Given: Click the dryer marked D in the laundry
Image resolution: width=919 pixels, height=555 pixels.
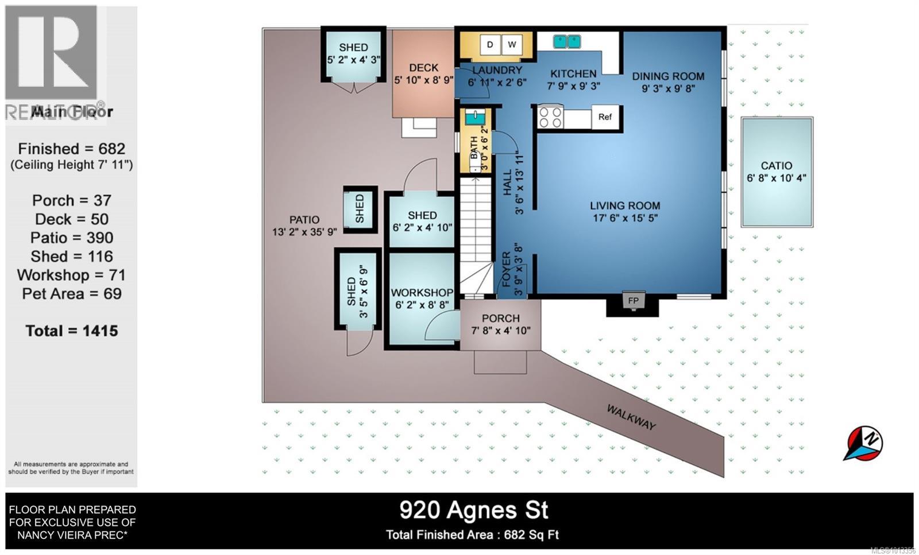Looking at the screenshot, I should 490,45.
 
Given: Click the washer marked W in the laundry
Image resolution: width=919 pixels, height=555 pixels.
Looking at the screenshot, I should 512,45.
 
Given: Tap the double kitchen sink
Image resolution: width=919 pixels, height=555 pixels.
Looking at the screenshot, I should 567,41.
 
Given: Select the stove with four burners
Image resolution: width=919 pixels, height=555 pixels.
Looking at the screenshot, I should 550,117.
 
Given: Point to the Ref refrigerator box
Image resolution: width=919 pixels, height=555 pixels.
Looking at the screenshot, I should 605,117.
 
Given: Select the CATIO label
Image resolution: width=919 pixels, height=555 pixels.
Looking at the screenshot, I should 777,165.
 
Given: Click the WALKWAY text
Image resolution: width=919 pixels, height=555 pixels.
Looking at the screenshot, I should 631,417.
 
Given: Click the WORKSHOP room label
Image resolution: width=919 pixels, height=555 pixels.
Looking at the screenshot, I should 422,293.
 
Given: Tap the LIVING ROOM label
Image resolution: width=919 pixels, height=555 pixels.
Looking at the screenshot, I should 625,205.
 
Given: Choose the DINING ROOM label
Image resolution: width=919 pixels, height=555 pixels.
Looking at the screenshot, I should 668,76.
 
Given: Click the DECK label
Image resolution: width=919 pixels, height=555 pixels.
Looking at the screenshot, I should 424,68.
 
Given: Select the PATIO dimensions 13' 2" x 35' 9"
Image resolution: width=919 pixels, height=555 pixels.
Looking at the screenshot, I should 304,231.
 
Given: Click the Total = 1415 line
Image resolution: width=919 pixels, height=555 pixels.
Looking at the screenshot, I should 72,331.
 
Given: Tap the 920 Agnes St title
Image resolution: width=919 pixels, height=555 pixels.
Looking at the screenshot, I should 474,510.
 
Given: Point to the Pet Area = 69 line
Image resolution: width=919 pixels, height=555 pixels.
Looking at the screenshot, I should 72,294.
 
